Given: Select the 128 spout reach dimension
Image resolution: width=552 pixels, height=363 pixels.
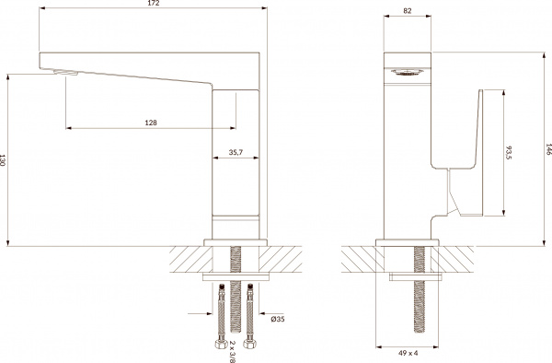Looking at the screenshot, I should (148, 122).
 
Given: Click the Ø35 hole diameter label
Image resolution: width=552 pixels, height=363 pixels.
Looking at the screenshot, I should (276, 319).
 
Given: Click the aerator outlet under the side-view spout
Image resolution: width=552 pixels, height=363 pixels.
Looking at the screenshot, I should (63, 73).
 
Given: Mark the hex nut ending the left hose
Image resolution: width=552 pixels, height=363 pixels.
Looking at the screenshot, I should (222, 347).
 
